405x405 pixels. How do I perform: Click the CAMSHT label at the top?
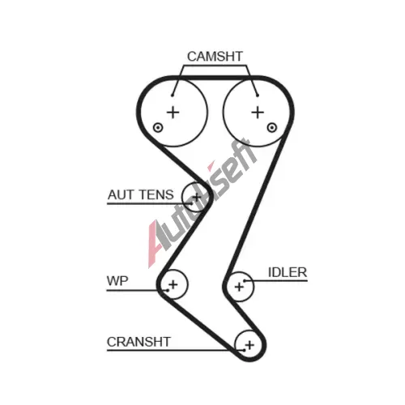(215, 57)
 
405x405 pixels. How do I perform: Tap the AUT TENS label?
(141, 194)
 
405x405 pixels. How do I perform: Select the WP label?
(117, 281)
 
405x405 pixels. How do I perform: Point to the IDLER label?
(288, 272)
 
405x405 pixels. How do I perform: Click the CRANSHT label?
(139, 342)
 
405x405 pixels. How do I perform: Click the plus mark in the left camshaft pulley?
(173, 112)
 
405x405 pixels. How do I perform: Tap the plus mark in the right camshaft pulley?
(258, 112)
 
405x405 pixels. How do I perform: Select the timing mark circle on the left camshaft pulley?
(158, 127)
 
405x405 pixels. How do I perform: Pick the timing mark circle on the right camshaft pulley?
(272, 127)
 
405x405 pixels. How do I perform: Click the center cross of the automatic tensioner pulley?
(197, 197)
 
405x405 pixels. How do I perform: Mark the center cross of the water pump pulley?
(173, 284)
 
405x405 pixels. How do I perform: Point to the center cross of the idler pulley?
(239, 287)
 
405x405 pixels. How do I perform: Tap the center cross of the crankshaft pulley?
(249, 345)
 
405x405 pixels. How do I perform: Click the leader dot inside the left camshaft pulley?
(173, 95)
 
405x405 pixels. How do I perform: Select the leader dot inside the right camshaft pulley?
(258, 96)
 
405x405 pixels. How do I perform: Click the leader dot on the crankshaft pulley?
(244, 350)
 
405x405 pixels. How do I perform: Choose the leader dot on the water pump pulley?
(168, 290)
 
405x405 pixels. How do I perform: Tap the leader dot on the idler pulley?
(245, 281)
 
